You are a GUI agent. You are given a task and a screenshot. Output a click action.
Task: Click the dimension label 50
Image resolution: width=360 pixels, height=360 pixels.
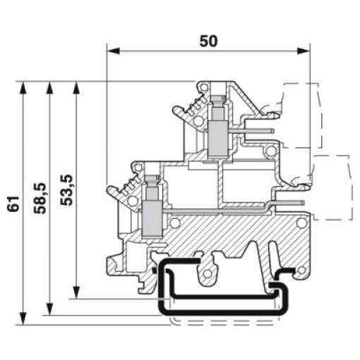(208, 42)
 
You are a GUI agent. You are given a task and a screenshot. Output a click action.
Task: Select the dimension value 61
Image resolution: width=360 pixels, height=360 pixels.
(13, 203)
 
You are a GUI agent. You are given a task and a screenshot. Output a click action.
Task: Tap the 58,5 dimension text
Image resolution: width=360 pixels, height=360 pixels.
(40, 198)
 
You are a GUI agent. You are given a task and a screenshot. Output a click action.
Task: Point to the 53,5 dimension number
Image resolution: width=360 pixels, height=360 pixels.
(66, 190)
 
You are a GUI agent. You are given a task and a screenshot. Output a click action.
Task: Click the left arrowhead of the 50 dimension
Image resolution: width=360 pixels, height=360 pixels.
(113, 51)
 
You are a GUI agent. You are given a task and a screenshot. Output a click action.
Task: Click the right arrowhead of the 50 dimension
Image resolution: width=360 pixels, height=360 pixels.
(303, 51)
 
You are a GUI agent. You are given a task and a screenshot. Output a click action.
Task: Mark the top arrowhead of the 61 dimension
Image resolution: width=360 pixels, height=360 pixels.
(23, 88)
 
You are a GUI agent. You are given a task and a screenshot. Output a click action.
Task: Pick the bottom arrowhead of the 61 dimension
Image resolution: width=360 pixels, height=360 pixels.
(23, 318)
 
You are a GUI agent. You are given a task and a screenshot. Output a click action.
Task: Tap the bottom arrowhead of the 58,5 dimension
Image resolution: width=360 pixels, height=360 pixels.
(49, 308)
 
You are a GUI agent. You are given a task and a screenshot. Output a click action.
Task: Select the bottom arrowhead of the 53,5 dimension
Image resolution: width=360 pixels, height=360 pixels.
(76, 292)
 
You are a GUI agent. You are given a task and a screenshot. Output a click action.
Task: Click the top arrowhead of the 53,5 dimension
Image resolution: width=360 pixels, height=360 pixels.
(76, 88)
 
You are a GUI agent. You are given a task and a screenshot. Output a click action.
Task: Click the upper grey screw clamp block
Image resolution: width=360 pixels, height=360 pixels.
(218, 139)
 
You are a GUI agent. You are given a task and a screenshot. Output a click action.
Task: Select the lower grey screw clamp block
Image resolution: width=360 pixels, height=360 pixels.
(152, 219)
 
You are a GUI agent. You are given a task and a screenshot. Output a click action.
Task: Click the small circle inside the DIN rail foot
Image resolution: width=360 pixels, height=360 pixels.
(207, 273)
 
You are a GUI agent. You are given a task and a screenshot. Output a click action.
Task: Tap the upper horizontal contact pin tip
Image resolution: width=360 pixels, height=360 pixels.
(273, 131)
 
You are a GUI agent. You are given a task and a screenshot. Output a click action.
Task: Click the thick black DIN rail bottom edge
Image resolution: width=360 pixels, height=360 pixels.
(224, 313)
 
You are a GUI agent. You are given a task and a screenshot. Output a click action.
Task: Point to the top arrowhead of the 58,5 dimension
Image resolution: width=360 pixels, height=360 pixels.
(49, 88)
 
